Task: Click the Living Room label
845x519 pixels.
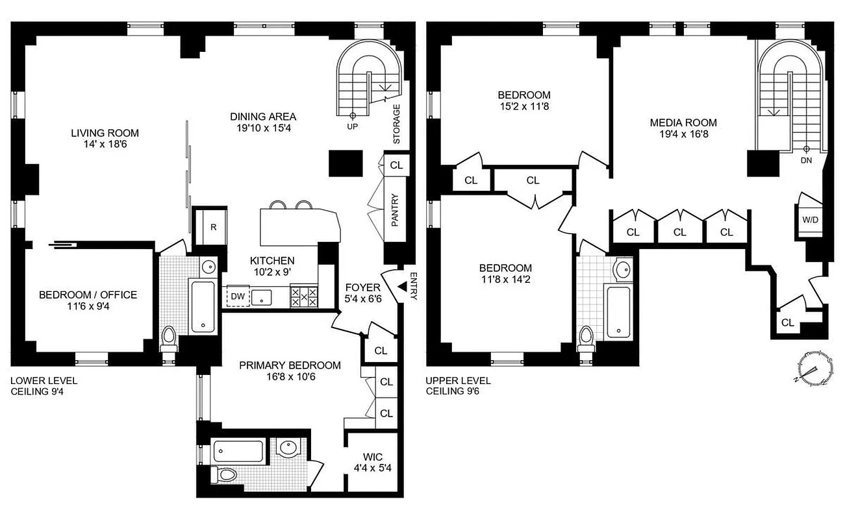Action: coord(105,133)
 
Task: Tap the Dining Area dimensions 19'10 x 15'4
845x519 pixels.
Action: coord(263,128)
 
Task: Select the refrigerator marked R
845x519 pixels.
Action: coord(213,226)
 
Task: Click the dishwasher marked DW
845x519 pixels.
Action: coord(238,297)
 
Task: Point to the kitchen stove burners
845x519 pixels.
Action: coord(304,297)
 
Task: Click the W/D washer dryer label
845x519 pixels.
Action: coord(810,219)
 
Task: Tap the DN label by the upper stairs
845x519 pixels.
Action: coord(807,159)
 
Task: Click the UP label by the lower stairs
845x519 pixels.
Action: coord(353,127)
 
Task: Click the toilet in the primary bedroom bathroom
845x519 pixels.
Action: coord(226,475)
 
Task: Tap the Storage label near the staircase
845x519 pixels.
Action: coord(396,124)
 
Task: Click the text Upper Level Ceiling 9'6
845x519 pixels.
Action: coord(458,386)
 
